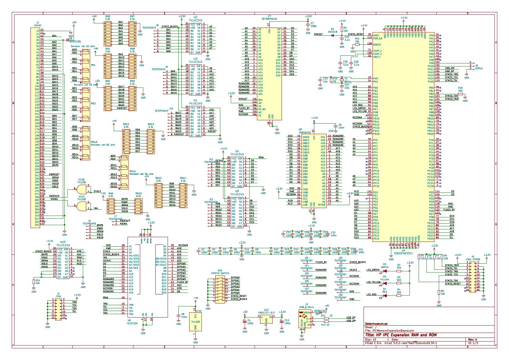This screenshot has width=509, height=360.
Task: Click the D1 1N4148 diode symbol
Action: tap(332, 35)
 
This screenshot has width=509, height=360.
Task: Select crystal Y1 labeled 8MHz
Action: tap(342, 80)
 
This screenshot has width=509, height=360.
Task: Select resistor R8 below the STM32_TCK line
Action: tap(439, 292)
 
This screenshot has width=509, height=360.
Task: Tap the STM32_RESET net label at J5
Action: tap(453, 284)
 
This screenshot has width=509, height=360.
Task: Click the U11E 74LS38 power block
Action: tap(196, 322)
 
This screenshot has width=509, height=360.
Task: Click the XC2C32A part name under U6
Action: tap(132, 323)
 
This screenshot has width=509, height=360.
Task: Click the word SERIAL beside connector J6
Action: tap(479, 68)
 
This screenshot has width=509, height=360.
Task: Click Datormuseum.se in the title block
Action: tap(376, 324)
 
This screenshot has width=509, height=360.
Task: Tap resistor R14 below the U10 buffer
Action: tap(34, 282)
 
